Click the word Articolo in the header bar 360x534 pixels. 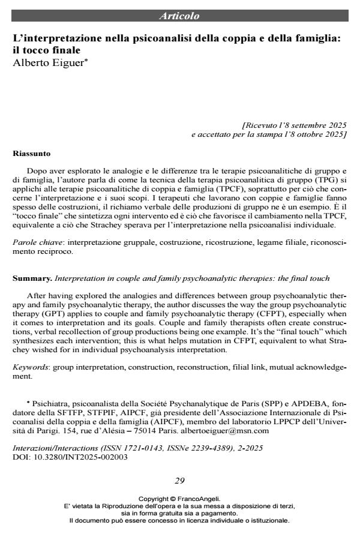[x=179, y=16]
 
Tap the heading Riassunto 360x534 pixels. [x=31, y=154]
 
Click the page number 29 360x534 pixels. [x=179, y=480]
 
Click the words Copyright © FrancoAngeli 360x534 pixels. [x=179, y=498]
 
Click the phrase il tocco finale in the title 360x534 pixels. [x=47, y=50]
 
